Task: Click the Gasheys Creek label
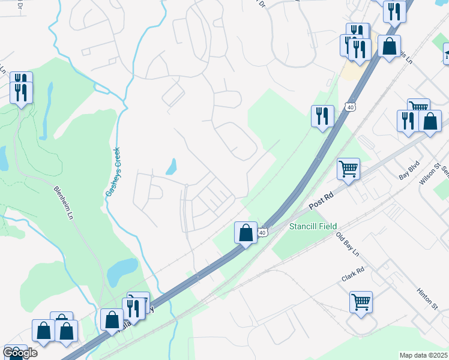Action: [113, 172]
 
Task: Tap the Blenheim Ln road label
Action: [65, 196]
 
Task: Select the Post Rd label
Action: [321, 200]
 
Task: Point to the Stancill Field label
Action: [310, 226]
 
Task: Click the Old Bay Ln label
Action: [347, 242]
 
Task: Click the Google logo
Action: [20, 353]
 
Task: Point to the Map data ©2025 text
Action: [424, 355]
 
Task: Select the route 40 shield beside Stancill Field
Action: [263, 231]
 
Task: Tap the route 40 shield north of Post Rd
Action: [350, 107]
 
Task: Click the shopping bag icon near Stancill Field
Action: [246, 232]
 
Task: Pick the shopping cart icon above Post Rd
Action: [348, 168]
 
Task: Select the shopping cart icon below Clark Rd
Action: [361, 301]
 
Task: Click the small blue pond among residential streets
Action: [172, 166]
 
